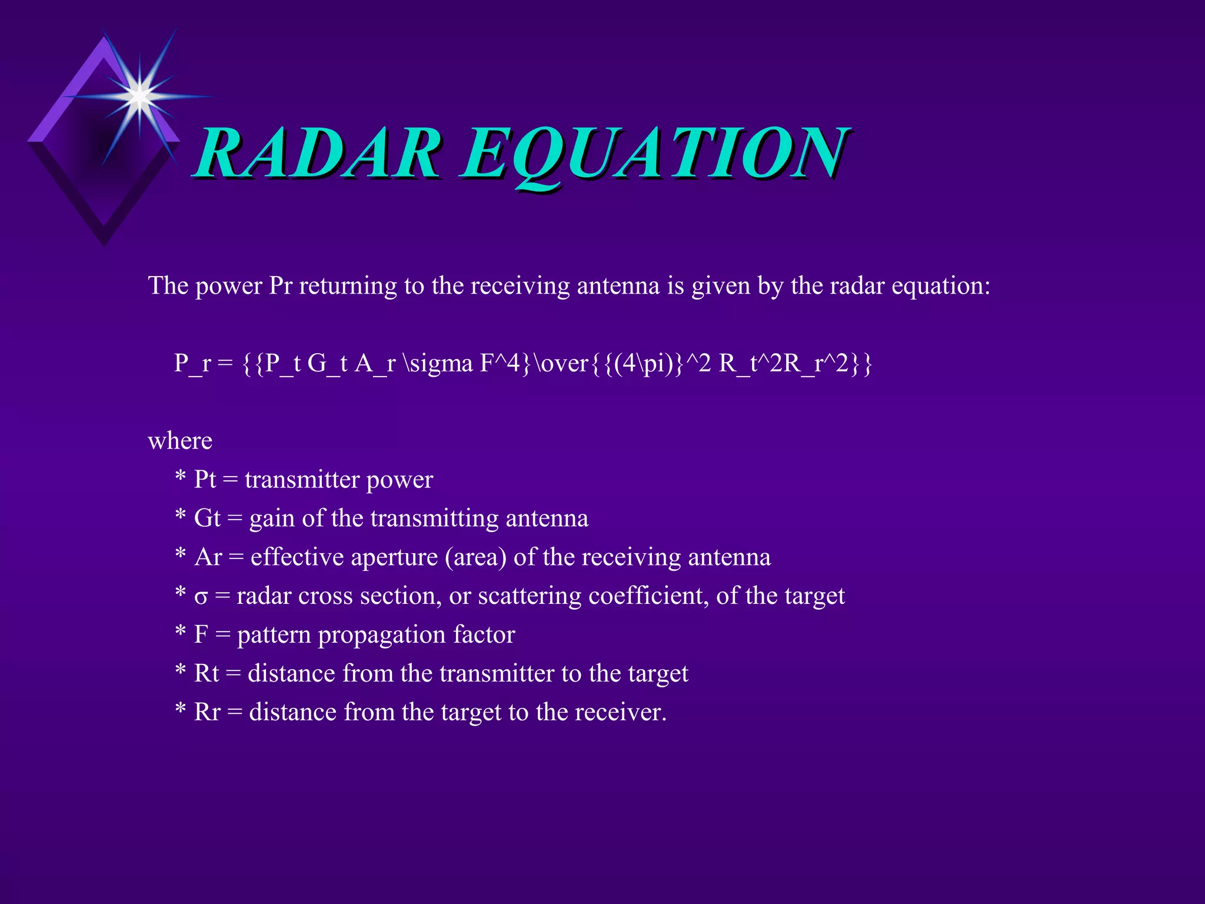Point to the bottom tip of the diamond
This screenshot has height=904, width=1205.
pos(104,244)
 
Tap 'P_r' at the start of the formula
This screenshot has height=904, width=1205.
pos(192,363)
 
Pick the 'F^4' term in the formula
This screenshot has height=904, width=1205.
pos(500,363)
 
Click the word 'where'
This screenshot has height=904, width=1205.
pos(180,441)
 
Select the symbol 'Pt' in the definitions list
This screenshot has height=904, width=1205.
pos(205,480)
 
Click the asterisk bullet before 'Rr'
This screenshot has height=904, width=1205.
pos(181,710)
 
